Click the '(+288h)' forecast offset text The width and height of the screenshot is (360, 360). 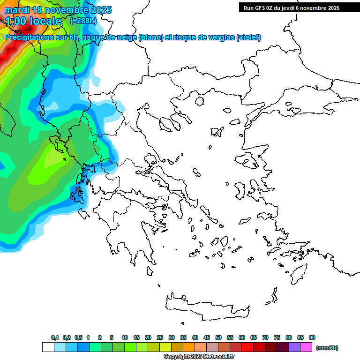pos(83,21)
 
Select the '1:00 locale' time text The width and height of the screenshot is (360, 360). pos(33,21)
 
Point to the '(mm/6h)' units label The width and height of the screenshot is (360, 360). pos(327,348)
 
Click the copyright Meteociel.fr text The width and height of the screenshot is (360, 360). pos(199,357)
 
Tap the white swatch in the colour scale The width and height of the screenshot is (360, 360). pos(48,347)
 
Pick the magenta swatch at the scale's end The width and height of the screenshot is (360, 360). pos(306,347)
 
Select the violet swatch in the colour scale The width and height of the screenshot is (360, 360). pos(294,347)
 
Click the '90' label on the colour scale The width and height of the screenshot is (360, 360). pos(312,337)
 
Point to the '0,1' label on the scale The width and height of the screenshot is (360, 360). pos(55,337)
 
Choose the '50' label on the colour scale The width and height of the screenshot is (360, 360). pos(218,337)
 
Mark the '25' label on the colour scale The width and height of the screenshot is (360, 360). pos(160,337)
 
